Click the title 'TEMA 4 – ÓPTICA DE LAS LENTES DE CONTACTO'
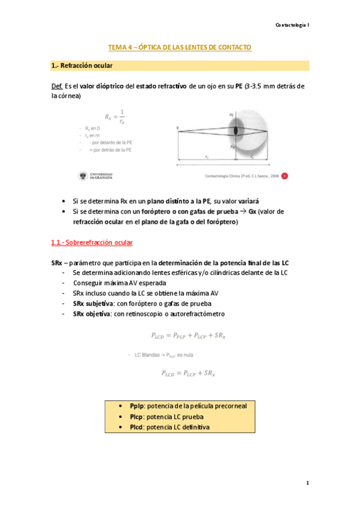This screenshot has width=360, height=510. pos(179,47)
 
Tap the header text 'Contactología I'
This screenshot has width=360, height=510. pos(291,25)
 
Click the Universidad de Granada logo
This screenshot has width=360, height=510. pos(96,176)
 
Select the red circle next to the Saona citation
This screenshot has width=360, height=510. pos(285,176)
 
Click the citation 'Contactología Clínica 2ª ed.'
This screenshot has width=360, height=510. pos(225,176)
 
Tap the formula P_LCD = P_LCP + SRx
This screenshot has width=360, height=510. pos(188,373)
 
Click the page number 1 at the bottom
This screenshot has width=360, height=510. pos(307,483)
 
